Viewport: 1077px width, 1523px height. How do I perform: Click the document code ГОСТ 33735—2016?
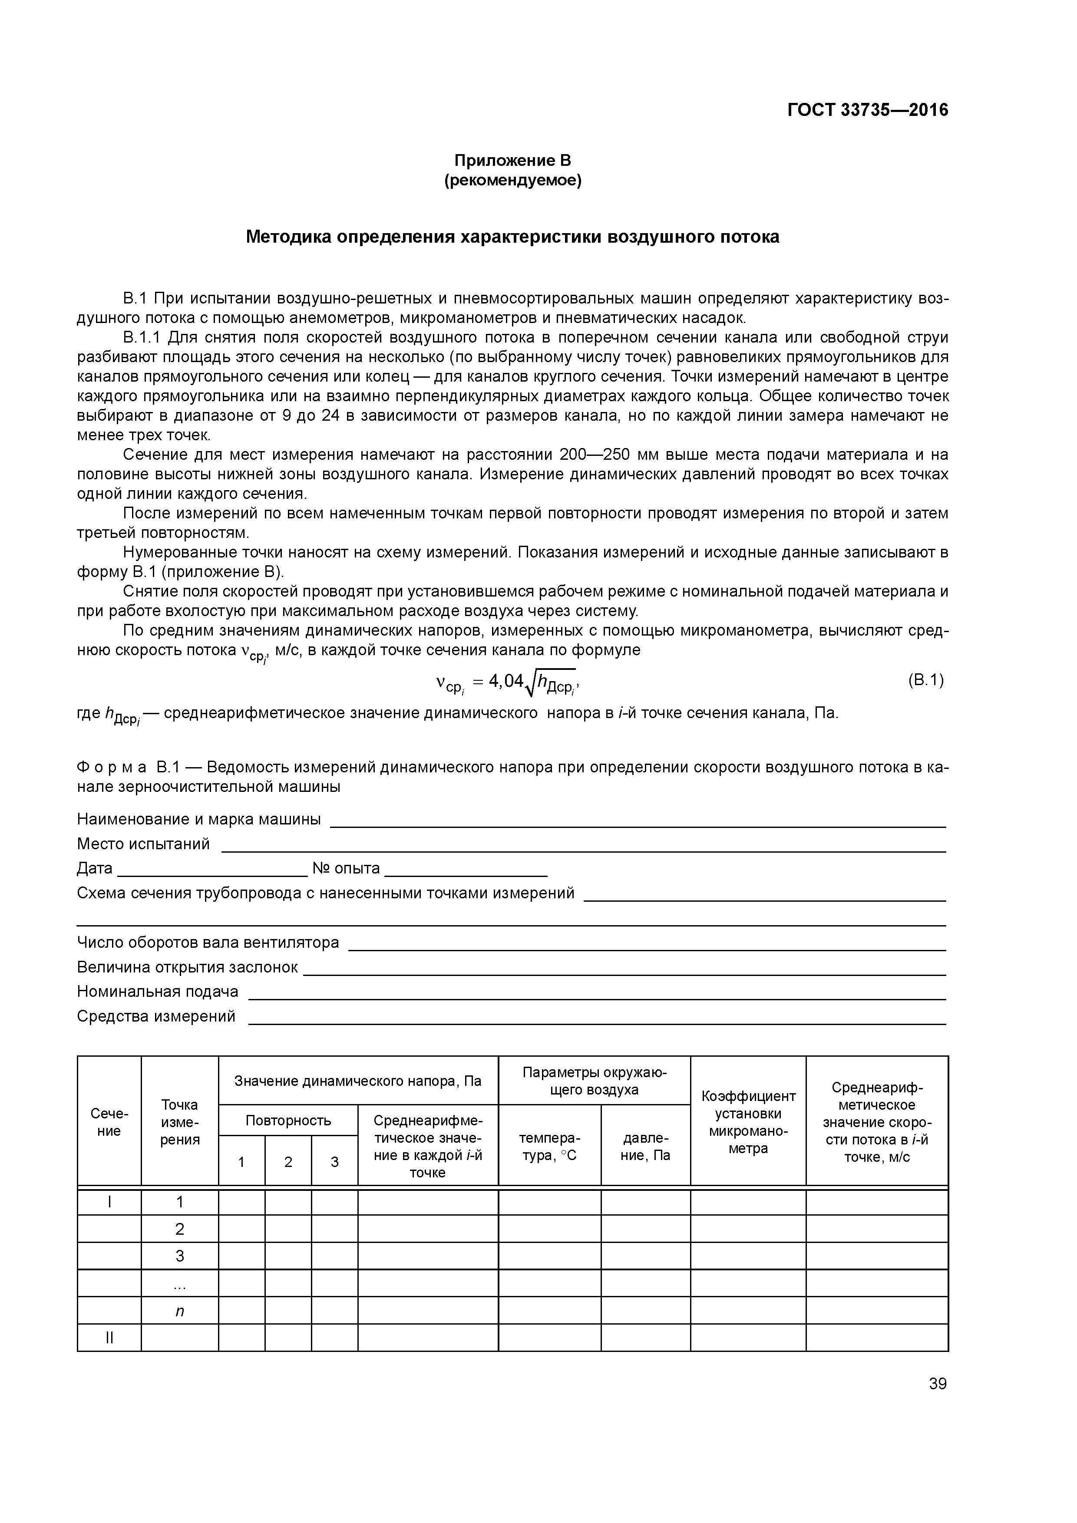(x=867, y=110)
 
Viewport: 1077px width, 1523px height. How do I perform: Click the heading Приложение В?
(x=512, y=161)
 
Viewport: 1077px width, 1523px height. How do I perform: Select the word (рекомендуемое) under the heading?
(x=512, y=181)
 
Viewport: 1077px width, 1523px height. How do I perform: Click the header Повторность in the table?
(x=288, y=1121)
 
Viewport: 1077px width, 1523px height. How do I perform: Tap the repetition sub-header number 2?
(x=288, y=1161)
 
